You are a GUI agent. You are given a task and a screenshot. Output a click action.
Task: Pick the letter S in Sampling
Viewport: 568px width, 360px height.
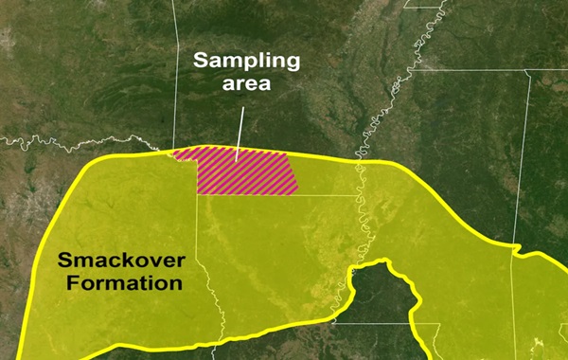pyautogui.click(x=201, y=63)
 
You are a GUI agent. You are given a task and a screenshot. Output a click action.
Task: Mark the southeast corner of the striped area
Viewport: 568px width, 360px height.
pyautogui.click(x=297, y=193)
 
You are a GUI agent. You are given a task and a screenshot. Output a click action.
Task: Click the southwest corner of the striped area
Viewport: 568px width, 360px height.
pyautogui.click(x=198, y=193)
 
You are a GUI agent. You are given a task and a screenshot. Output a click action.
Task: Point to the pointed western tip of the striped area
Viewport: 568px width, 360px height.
pyautogui.click(x=173, y=153)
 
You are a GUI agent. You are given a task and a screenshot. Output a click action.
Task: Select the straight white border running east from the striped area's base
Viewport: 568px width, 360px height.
pyautogui.click(x=327, y=195)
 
